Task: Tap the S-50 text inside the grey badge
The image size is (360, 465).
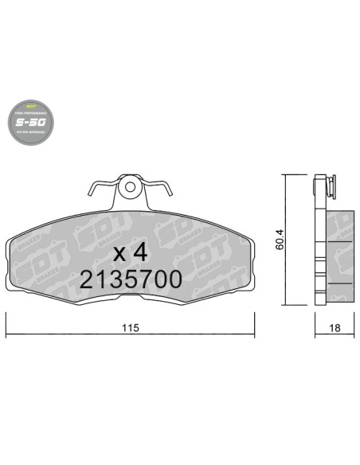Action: tap(31, 123)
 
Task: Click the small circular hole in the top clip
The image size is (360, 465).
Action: tap(130, 188)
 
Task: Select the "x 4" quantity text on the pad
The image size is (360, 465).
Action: tap(129, 253)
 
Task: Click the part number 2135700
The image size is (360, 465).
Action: tap(130, 279)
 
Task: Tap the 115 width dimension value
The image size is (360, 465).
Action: tap(131, 327)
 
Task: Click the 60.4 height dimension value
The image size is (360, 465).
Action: tap(280, 240)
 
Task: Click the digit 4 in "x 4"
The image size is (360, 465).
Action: tap(140, 253)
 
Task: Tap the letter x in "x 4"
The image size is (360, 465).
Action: tap(119, 255)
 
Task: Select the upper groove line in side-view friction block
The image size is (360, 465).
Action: tap(340, 242)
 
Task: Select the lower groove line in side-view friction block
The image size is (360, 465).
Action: tap(340, 282)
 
